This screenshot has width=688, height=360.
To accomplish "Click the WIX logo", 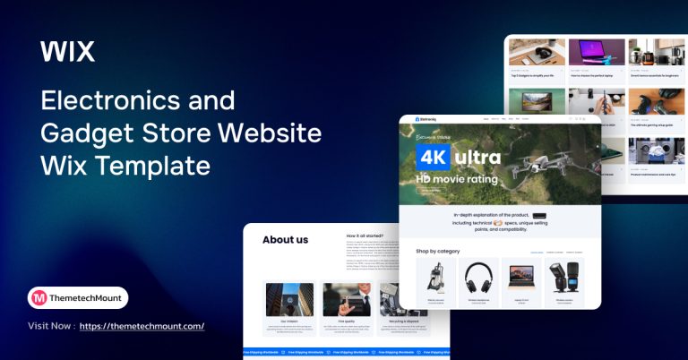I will (67, 52).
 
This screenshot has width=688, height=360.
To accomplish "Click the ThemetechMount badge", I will (78, 298).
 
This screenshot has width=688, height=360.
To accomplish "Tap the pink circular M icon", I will (39, 298).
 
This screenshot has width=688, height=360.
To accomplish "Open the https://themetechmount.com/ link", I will (142, 326).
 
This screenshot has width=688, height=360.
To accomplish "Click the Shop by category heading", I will (438, 251).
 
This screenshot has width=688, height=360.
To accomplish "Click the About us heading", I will (285, 239).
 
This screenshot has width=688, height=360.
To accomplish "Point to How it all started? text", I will (365, 236).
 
